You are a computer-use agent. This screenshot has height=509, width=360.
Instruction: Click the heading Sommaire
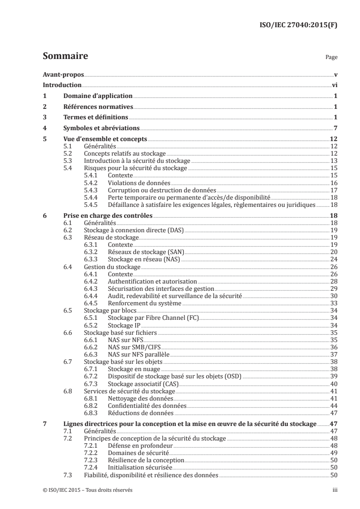[65, 57]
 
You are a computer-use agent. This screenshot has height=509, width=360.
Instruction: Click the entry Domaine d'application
[98, 96]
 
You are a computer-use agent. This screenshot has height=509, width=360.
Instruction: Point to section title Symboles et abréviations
[101, 128]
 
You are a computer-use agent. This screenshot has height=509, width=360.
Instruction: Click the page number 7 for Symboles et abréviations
[335, 128]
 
